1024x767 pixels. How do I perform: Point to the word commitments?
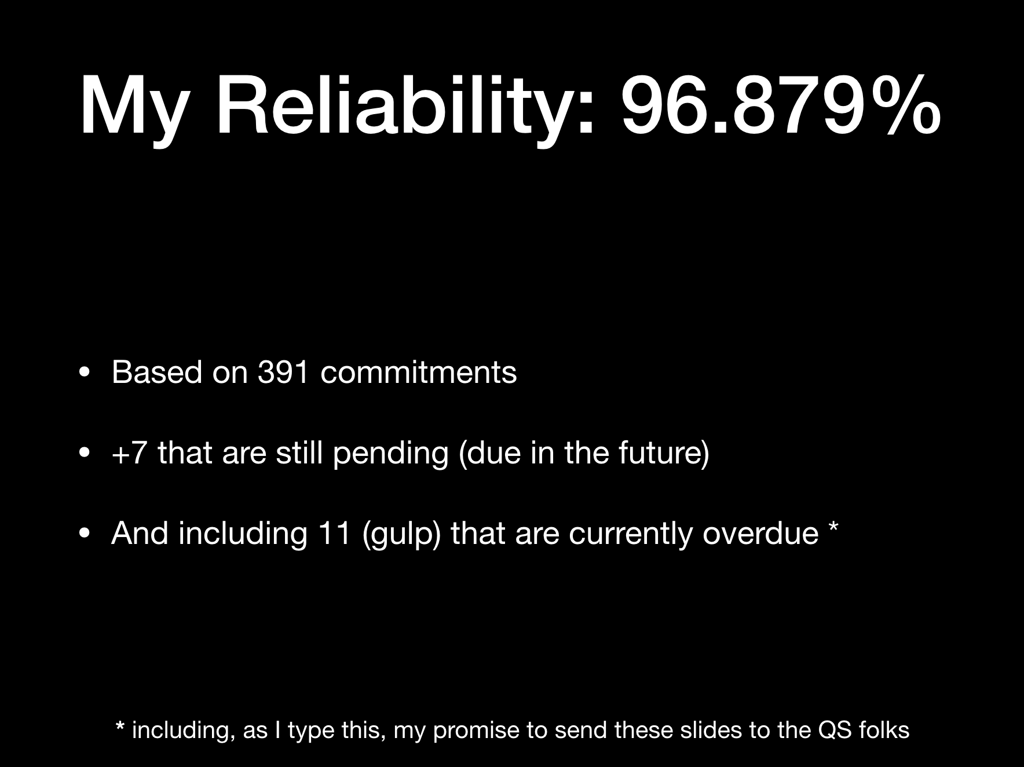pos(418,372)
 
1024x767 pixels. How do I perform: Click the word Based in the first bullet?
pos(156,372)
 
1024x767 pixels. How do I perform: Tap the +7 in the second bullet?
pos(129,452)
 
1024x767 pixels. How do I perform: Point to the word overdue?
pos(760,534)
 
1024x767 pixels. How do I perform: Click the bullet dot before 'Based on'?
pos(85,372)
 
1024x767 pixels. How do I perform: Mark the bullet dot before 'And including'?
pos(85,534)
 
